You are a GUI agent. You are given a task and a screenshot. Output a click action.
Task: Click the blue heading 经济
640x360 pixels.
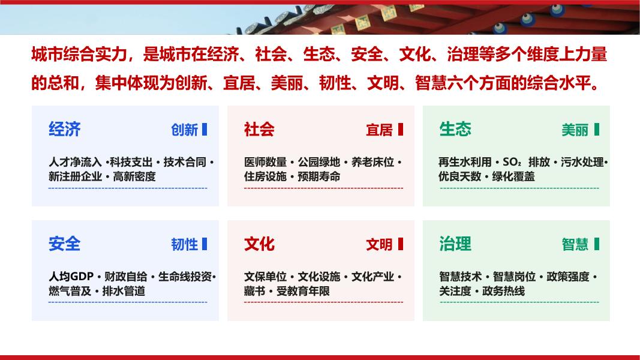65,130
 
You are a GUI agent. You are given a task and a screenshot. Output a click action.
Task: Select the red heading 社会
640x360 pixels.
259,130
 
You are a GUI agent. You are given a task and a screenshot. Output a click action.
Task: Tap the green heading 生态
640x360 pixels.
455,130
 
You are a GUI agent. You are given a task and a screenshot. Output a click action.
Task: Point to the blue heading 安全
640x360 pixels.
65,244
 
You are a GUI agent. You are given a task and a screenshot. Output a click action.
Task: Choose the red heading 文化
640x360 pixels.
259,244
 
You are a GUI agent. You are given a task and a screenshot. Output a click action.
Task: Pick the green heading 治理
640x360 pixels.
455,244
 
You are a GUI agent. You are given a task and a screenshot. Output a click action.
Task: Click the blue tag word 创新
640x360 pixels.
185,130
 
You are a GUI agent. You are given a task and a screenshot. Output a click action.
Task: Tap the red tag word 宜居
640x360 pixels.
379,130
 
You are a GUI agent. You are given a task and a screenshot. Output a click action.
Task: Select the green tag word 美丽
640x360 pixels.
575,130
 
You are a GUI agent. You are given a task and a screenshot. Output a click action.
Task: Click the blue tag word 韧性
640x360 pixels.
185,244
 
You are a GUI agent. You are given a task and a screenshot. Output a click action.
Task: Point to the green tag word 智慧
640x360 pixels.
575,244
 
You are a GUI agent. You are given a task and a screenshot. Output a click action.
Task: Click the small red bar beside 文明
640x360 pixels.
401,244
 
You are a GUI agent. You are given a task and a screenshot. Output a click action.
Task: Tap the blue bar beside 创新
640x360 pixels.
205,130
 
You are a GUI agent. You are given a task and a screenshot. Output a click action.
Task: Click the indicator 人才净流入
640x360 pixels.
75,162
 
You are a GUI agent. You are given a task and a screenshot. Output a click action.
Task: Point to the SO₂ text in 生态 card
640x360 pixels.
512,162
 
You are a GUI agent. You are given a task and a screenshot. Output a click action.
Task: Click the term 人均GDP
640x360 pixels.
71,277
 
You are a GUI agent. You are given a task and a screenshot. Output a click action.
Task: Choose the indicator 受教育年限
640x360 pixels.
303,291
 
